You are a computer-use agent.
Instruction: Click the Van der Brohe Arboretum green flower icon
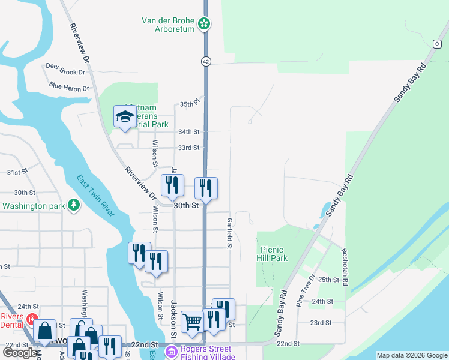coord(205,23)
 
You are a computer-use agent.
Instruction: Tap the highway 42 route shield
coord(205,61)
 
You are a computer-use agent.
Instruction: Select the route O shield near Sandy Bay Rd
coord(436,44)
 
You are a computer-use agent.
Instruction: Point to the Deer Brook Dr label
coord(65,72)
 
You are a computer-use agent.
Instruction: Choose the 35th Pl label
coord(189,104)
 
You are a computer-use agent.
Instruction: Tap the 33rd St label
coord(188,148)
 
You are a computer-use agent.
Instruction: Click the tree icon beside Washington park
coord(74,206)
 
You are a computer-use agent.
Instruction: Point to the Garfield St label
coord(229,233)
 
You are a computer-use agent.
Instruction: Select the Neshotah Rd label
coord(345,266)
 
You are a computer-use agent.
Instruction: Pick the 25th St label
coord(329,280)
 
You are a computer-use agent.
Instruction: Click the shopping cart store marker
coord(192,321)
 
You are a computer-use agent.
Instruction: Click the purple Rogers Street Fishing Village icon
coord(172,351)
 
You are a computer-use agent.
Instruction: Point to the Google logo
coord(20,353)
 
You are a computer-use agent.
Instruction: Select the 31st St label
coord(17,172)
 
